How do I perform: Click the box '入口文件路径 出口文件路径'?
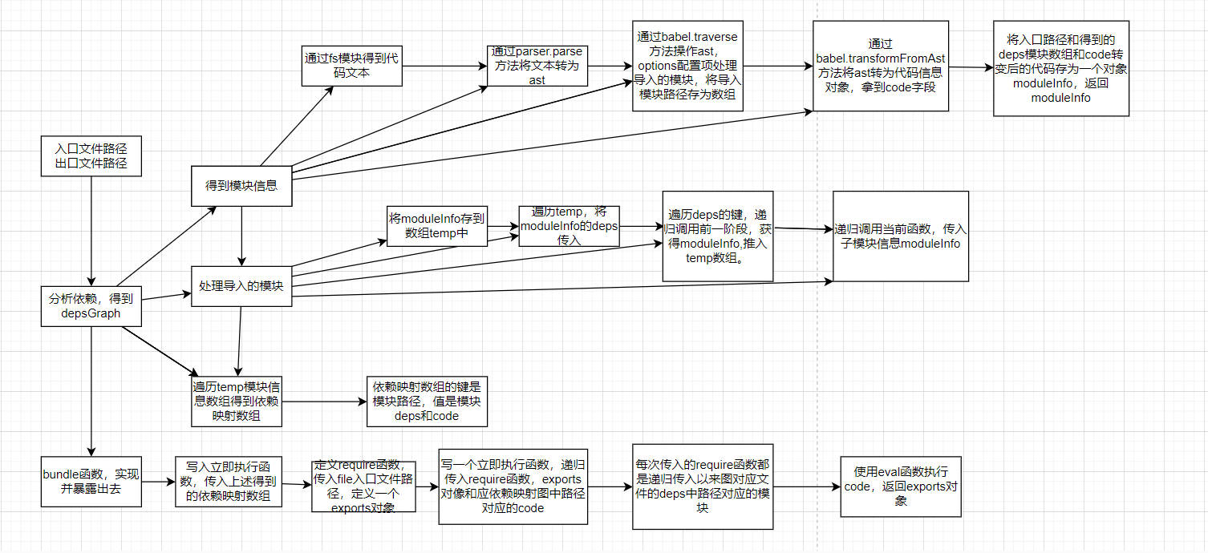[91, 156]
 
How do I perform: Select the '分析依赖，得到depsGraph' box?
[91, 306]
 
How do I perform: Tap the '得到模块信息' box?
[241, 186]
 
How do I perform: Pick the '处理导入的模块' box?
[241, 286]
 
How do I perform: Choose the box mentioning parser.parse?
[537, 66]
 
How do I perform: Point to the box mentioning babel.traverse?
[687, 66]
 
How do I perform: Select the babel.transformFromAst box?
[880, 66]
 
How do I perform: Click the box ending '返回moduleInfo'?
[1060, 68]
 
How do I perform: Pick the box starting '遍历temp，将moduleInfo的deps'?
[569, 225]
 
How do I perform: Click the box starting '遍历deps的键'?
[717, 236]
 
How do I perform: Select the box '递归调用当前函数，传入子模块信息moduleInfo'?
[900, 236]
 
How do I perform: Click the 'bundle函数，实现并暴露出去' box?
[91, 482]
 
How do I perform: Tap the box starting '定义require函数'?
[363, 486]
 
